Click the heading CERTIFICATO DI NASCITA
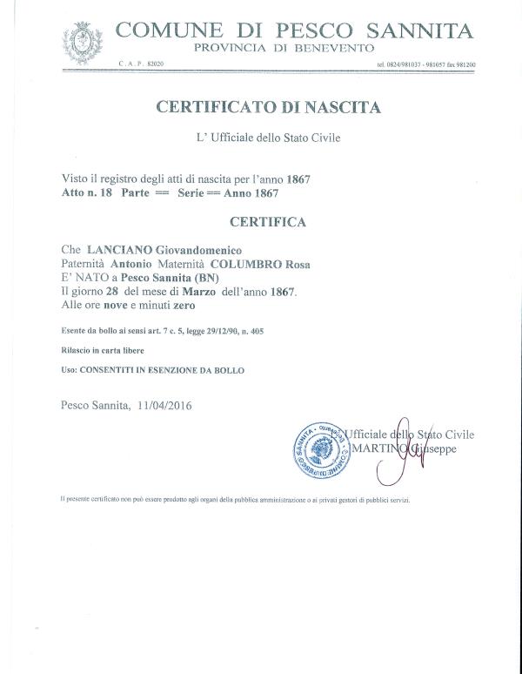tap(267, 108)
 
